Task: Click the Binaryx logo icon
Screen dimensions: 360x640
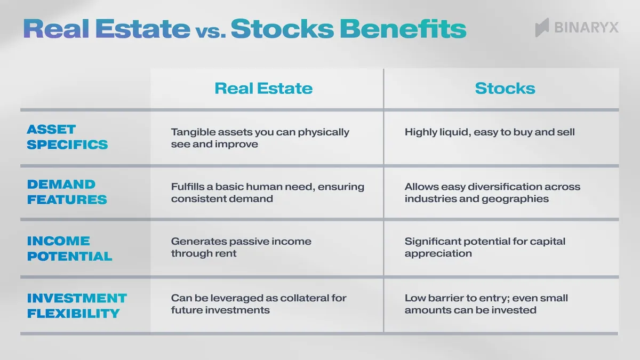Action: pos(542,27)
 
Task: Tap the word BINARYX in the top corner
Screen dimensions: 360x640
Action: pos(586,27)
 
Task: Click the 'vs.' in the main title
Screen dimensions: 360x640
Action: pos(210,31)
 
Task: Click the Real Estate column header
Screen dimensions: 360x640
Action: pos(263,89)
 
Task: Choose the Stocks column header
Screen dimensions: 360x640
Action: pos(505,89)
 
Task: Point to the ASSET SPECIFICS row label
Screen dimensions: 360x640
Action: pos(67,137)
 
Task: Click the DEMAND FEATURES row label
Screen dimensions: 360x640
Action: pos(67,192)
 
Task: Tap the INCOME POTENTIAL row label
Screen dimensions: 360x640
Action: pos(69,249)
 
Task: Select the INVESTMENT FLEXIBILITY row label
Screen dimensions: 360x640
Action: pos(77,305)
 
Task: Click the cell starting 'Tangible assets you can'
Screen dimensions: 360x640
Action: pos(260,138)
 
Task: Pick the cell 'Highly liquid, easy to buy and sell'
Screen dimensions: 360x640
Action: pos(489,132)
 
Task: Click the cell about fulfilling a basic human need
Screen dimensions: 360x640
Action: pos(267,193)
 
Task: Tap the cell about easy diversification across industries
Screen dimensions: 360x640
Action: pos(492,193)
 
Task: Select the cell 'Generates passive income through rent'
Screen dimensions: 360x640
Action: pos(241,247)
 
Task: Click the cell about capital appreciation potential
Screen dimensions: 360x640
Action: pos(484,247)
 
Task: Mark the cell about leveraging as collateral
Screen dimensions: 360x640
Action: pos(258,304)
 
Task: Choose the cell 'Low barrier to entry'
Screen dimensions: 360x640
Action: pos(485,304)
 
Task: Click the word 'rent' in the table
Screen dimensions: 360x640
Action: pos(226,254)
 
